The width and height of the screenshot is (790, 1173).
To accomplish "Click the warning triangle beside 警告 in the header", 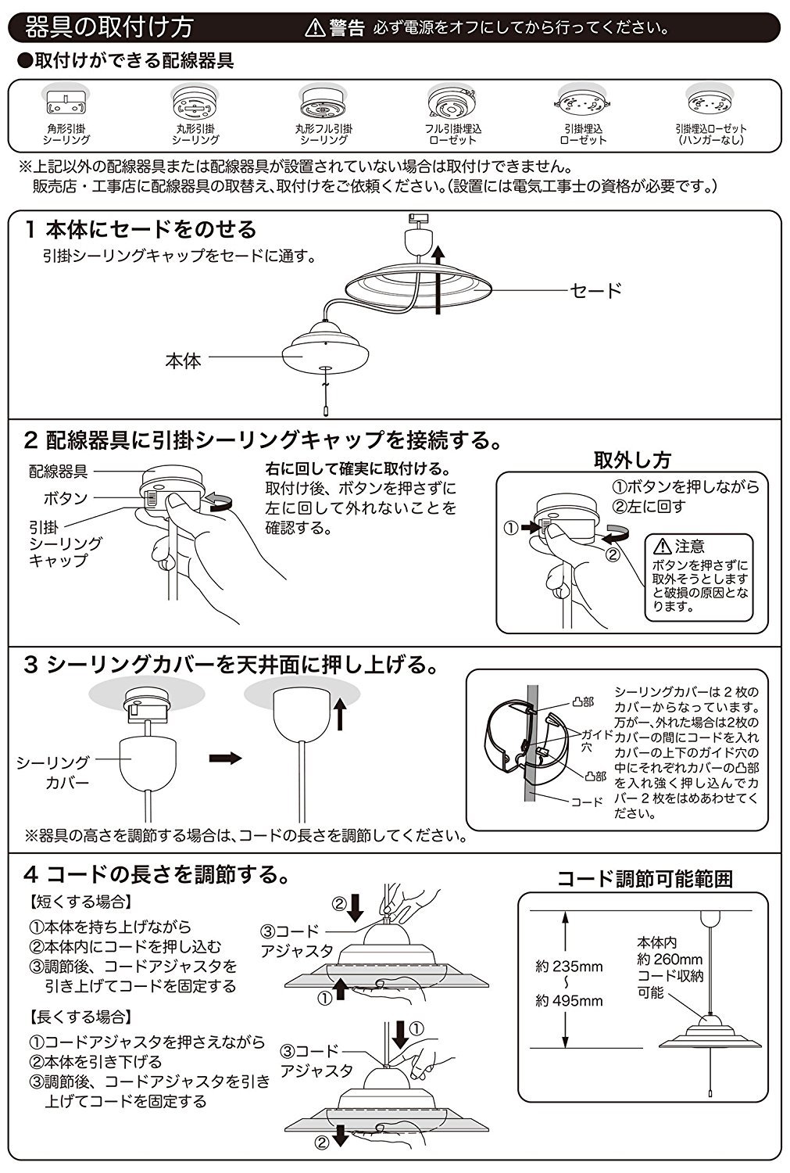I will pos(314,29).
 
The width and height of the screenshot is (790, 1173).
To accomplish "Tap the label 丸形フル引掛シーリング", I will pos(324,134).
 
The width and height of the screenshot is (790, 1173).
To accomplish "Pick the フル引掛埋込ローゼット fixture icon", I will pos(451,104).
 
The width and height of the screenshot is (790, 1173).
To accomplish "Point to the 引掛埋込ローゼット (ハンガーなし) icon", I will pos(710,102).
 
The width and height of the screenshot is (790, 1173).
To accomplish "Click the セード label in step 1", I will pos(595,291).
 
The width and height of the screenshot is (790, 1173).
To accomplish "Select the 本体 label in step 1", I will pos(184,361).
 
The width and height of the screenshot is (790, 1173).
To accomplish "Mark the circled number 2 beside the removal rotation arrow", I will pos(613,556).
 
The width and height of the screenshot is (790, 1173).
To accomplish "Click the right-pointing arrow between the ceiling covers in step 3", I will pos(226,759).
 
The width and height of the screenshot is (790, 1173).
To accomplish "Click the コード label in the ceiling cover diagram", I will pos(587,802).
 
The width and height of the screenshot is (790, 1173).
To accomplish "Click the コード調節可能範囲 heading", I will pos(645,878).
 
